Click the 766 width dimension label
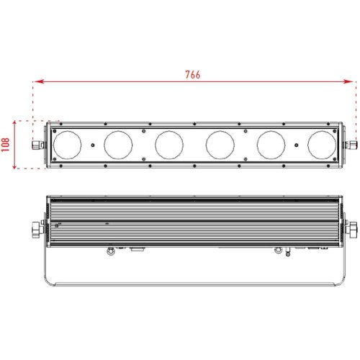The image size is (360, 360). pos(193,75)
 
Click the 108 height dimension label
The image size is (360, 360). pos(6,145)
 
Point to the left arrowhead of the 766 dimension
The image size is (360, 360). pos(39,81)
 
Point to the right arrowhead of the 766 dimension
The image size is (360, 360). pos(348,81)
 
